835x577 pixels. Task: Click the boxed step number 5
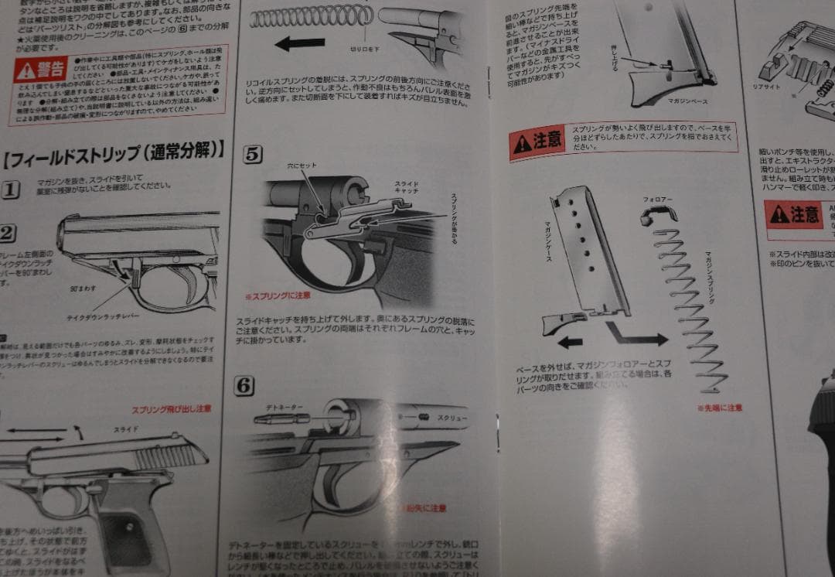tap(253, 154)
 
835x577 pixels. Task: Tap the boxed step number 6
tap(244, 384)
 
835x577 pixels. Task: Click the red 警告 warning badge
tap(40, 70)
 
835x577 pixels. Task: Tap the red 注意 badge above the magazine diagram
tap(537, 141)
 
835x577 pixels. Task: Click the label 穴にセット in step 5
tap(301, 166)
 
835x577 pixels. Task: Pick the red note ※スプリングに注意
tap(278, 296)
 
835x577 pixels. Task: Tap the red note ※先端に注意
tap(719, 407)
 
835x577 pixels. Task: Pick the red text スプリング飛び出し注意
tap(171, 409)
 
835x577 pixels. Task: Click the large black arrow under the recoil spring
tap(299, 44)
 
